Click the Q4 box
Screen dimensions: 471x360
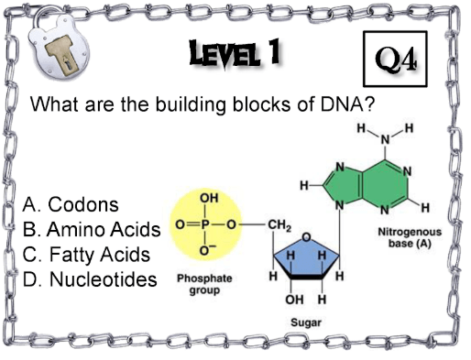click(395, 59)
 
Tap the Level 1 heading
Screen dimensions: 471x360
click(235, 54)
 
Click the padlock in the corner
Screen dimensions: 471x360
click(58, 43)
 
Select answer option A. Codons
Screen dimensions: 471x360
click(71, 204)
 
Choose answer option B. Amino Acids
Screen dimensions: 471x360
click(92, 229)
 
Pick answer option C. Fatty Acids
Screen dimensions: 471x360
click(86, 255)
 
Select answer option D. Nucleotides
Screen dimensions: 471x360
click(90, 279)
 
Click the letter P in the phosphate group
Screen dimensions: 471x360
click(204, 224)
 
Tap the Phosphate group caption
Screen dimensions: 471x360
click(204, 284)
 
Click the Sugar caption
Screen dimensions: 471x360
click(306, 322)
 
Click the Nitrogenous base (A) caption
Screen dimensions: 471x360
click(410, 237)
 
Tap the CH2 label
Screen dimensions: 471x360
click(279, 225)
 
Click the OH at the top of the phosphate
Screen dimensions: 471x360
click(209, 198)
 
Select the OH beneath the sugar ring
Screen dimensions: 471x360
click(294, 300)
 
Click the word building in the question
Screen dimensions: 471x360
click(191, 104)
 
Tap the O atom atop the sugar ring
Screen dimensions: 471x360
click(307, 237)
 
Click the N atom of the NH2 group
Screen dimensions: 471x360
click(386, 140)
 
